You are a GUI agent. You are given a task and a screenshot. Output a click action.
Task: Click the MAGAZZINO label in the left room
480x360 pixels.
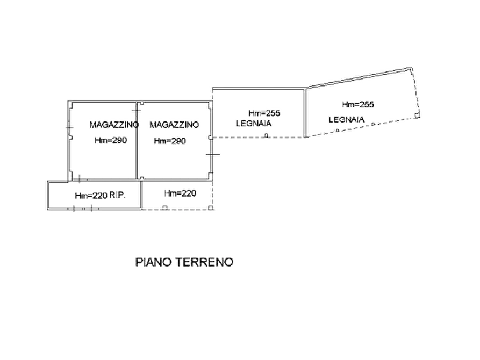(114, 125)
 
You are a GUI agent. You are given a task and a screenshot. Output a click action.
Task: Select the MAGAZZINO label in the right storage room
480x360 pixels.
(174, 125)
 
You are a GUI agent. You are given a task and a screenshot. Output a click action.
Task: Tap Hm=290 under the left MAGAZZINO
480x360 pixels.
(111, 141)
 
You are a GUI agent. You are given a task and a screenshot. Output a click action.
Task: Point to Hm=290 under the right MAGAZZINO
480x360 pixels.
(170, 141)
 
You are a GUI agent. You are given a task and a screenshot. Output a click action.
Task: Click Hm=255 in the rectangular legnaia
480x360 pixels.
(264, 113)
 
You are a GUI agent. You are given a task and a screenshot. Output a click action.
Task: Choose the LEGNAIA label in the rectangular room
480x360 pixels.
(254, 124)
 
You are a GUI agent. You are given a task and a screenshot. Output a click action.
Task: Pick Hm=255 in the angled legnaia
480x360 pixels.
(358, 104)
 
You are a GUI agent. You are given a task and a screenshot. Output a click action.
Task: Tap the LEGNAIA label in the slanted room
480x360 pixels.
(347, 119)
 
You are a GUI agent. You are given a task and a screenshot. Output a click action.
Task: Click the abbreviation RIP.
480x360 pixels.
(117, 195)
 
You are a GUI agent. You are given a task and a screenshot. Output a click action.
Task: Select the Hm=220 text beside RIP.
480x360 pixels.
(91, 196)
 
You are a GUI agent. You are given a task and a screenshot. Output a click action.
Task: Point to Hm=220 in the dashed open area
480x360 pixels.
(180, 193)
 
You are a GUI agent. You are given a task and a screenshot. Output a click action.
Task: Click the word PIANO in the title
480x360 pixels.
(154, 262)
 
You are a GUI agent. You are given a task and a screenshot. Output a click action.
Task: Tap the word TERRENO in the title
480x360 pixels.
(204, 262)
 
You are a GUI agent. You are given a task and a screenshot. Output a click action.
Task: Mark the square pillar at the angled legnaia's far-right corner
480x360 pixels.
(417, 115)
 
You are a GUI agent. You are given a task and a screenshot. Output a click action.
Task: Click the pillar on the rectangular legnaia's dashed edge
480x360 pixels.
(266, 135)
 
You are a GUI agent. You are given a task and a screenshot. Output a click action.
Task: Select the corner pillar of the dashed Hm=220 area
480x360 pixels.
(210, 208)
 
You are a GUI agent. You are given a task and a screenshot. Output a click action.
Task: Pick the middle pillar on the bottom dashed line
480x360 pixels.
(164, 208)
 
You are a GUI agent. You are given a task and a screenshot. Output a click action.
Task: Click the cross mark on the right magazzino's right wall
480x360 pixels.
(213, 154)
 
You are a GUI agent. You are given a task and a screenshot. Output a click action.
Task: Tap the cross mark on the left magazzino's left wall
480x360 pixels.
(69, 127)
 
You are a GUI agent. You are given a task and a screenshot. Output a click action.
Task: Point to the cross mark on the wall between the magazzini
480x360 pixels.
(137, 110)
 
